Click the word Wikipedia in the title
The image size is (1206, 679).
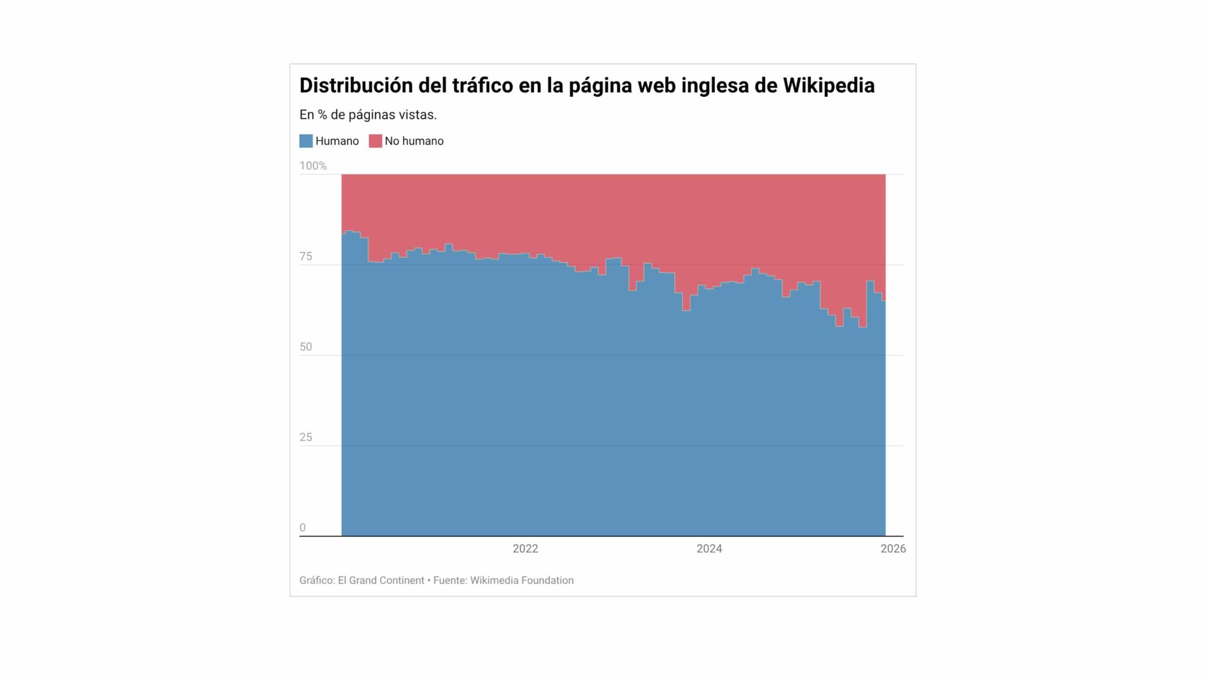(x=829, y=85)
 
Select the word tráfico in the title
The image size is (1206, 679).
(x=482, y=85)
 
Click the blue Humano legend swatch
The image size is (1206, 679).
(x=306, y=141)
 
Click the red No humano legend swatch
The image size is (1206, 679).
(x=375, y=141)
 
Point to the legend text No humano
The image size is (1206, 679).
(x=414, y=141)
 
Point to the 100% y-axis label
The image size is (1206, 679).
(x=313, y=166)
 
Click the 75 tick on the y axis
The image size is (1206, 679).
(x=306, y=257)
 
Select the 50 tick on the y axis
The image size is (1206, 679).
(x=306, y=347)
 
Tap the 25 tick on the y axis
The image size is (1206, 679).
(x=306, y=438)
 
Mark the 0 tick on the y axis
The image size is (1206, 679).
(x=302, y=528)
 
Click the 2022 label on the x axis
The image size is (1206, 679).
(x=525, y=549)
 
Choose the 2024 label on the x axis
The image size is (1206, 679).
(x=709, y=549)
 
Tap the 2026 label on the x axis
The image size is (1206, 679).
(x=893, y=549)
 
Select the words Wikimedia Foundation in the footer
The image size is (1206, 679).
(x=522, y=580)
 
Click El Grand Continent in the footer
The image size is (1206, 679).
(x=381, y=580)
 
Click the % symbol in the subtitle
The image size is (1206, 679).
(x=322, y=115)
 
